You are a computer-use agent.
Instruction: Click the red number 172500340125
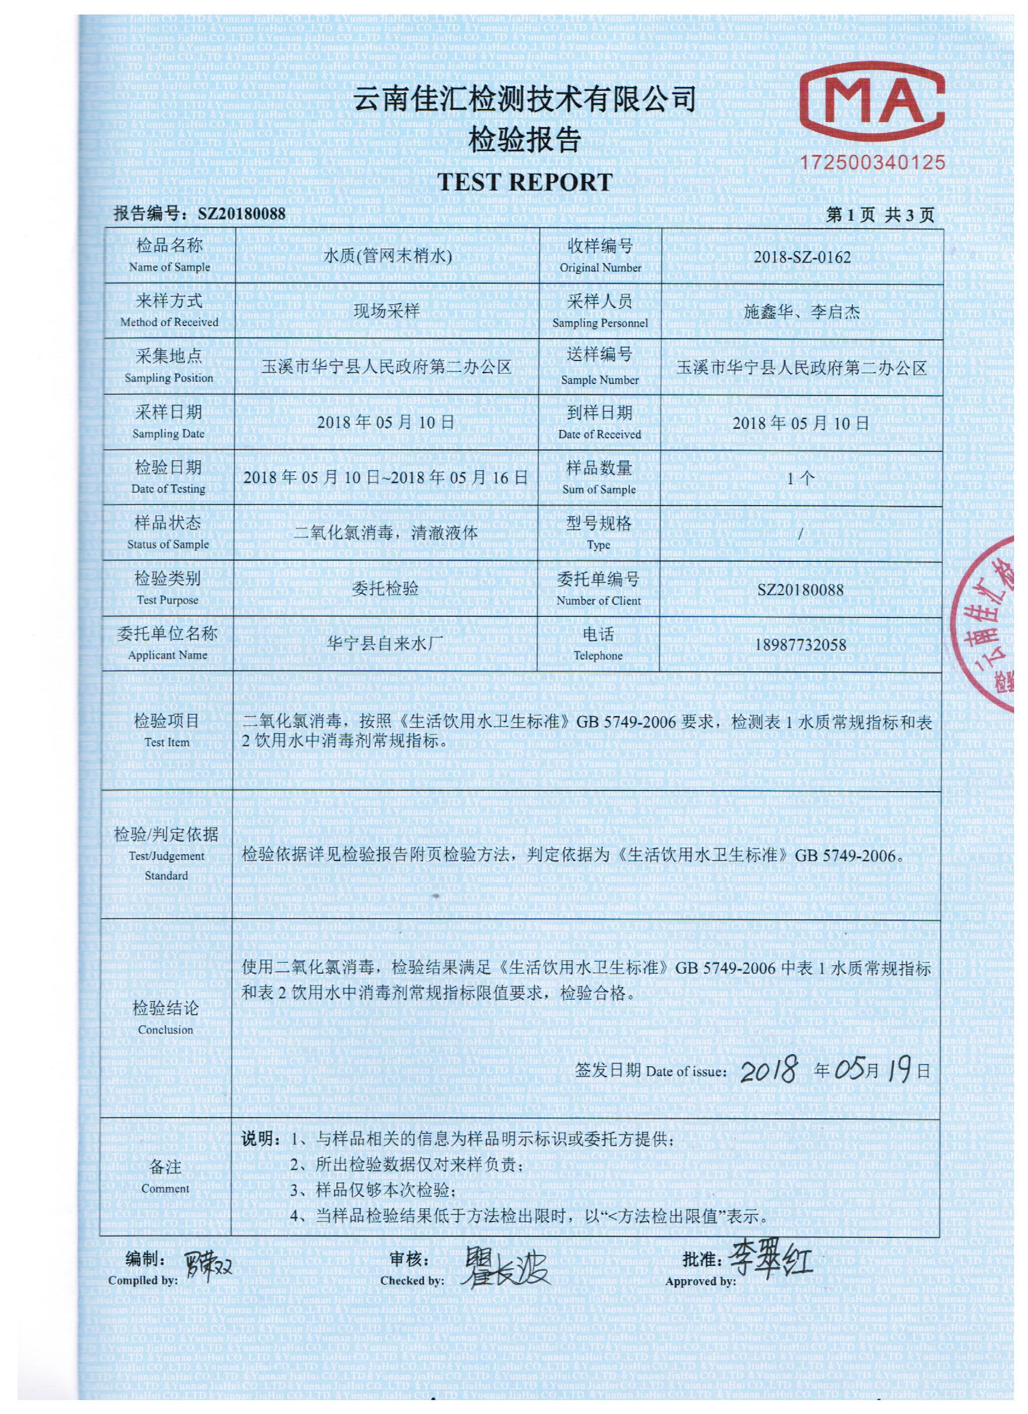point(873,163)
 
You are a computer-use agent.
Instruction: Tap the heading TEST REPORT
point(524,181)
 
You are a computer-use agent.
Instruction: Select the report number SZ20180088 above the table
point(241,215)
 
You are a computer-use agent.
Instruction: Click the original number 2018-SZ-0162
point(802,258)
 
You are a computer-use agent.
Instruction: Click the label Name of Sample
point(169,267)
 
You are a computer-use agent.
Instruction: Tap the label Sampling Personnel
point(600,323)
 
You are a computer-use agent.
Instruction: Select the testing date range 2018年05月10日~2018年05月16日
point(385,478)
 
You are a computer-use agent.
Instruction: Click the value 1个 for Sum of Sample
point(801,478)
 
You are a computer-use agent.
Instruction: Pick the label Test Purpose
point(167,600)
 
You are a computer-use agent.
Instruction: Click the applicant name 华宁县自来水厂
point(385,644)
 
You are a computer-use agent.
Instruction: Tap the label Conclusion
point(166,1030)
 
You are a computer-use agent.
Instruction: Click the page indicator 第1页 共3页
point(880,215)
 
